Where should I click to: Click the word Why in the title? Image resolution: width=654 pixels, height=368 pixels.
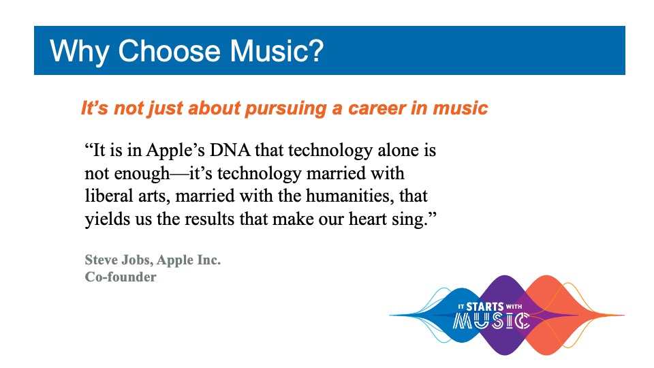tap(80, 52)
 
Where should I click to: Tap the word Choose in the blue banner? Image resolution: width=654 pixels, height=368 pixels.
tap(169, 51)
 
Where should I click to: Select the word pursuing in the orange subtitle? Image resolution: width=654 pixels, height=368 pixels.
tap(285, 109)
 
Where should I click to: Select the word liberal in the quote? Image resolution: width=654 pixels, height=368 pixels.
tap(106, 196)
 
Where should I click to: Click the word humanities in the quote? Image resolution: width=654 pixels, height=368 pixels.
tap(349, 196)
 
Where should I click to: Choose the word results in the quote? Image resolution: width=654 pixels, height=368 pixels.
tap(209, 219)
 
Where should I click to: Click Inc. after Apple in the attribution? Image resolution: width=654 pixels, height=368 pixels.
tap(209, 260)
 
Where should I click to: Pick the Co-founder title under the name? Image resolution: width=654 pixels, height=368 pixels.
tap(121, 277)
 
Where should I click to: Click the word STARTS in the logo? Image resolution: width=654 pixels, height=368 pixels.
tap(484, 307)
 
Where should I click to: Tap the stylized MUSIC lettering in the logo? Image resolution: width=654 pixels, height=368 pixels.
tap(491, 321)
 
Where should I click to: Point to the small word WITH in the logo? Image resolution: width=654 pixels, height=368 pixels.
tap(514, 307)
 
